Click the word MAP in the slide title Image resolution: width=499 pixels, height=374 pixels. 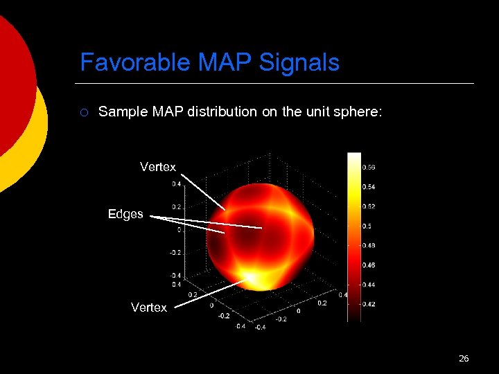coord(225,63)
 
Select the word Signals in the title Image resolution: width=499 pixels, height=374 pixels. coord(299,63)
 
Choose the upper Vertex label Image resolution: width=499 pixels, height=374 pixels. coord(158,167)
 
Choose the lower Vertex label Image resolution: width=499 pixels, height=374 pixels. coord(149,308)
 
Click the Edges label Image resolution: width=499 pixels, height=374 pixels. coord(125,214)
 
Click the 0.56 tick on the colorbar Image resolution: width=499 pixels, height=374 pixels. coord(369,167)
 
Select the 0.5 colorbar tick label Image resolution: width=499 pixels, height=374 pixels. coord(367,226)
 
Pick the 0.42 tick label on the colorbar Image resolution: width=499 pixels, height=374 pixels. coord(369,303)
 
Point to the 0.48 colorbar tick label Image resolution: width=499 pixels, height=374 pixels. coord(369,245)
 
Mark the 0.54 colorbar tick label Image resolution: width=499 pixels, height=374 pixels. coord(369,187)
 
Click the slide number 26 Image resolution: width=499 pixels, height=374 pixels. coord(464,358)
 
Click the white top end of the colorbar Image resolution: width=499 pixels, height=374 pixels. coord(354,158)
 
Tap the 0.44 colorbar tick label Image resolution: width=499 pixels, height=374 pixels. coord(369,284)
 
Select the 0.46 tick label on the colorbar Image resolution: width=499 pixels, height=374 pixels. coord(369,265)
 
